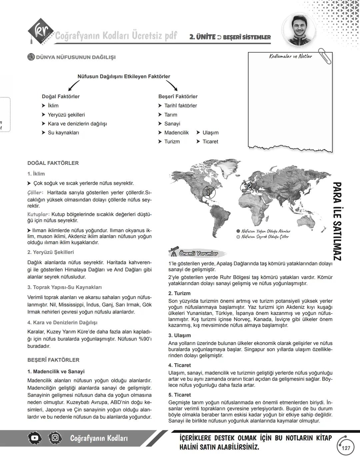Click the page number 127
coord(346,448)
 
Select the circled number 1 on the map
coord(208,192)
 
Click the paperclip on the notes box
coord(325,56)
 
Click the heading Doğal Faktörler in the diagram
coord(61,96)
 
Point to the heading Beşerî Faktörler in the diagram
coord(178,96)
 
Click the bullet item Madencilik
coord(176,132)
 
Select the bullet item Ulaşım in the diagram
coord(210,132)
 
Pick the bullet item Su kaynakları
coord(63,132)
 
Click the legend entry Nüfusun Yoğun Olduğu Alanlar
coord(266,231)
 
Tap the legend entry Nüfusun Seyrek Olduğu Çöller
coord(265,237)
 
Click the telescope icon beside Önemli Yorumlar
coord(173,253)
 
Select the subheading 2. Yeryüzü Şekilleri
coord(51,252)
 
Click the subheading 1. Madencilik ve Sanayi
coord(56,371)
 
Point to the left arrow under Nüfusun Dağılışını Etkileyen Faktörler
coord(74,86)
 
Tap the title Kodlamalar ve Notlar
coord(290,56)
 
